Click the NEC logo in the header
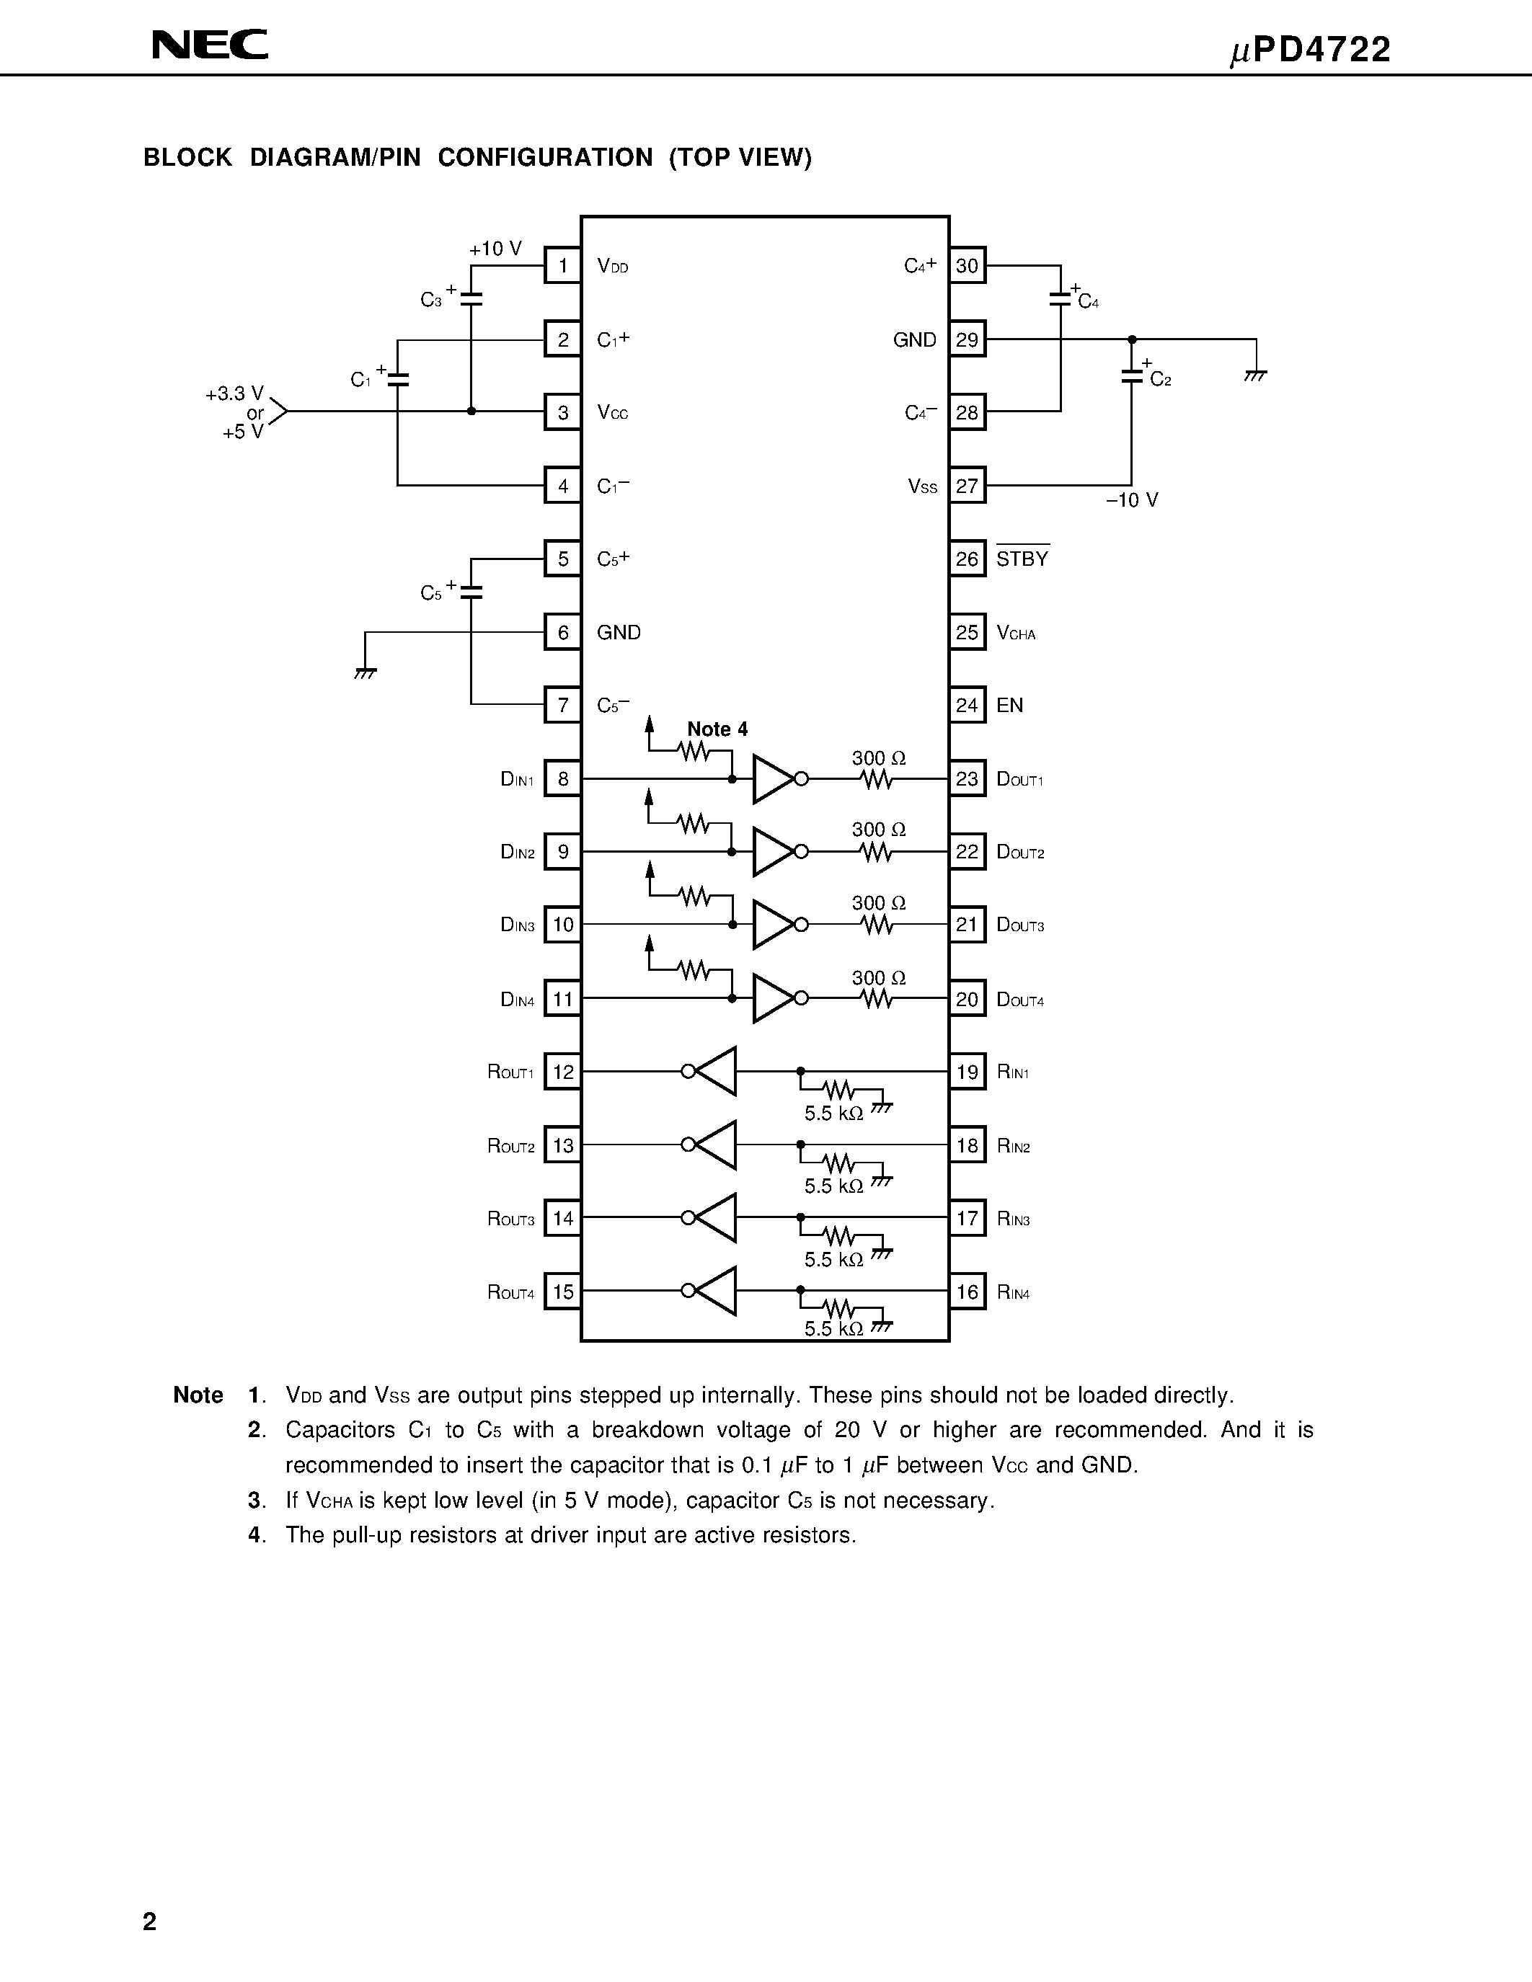click(210, 45)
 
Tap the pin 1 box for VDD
click(563, 266)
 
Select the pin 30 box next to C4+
click(967, 266)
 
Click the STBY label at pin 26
click(1022, 559)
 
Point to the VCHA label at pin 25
click(1016, 633)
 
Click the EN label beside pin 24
click(1009, 705)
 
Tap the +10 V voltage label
click(495, 249)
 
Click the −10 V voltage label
click(1132, 500)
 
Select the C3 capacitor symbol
click(471, 298)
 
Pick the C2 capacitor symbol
click(1131, 375)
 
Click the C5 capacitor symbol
click(471, 592)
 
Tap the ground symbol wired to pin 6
click(365, 673)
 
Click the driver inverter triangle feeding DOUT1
click(774, 778)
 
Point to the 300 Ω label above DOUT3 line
click(879, 903)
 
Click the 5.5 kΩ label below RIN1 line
click(833, 1114)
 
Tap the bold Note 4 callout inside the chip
click(717, 729)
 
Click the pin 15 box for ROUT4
click(563, 1292)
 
